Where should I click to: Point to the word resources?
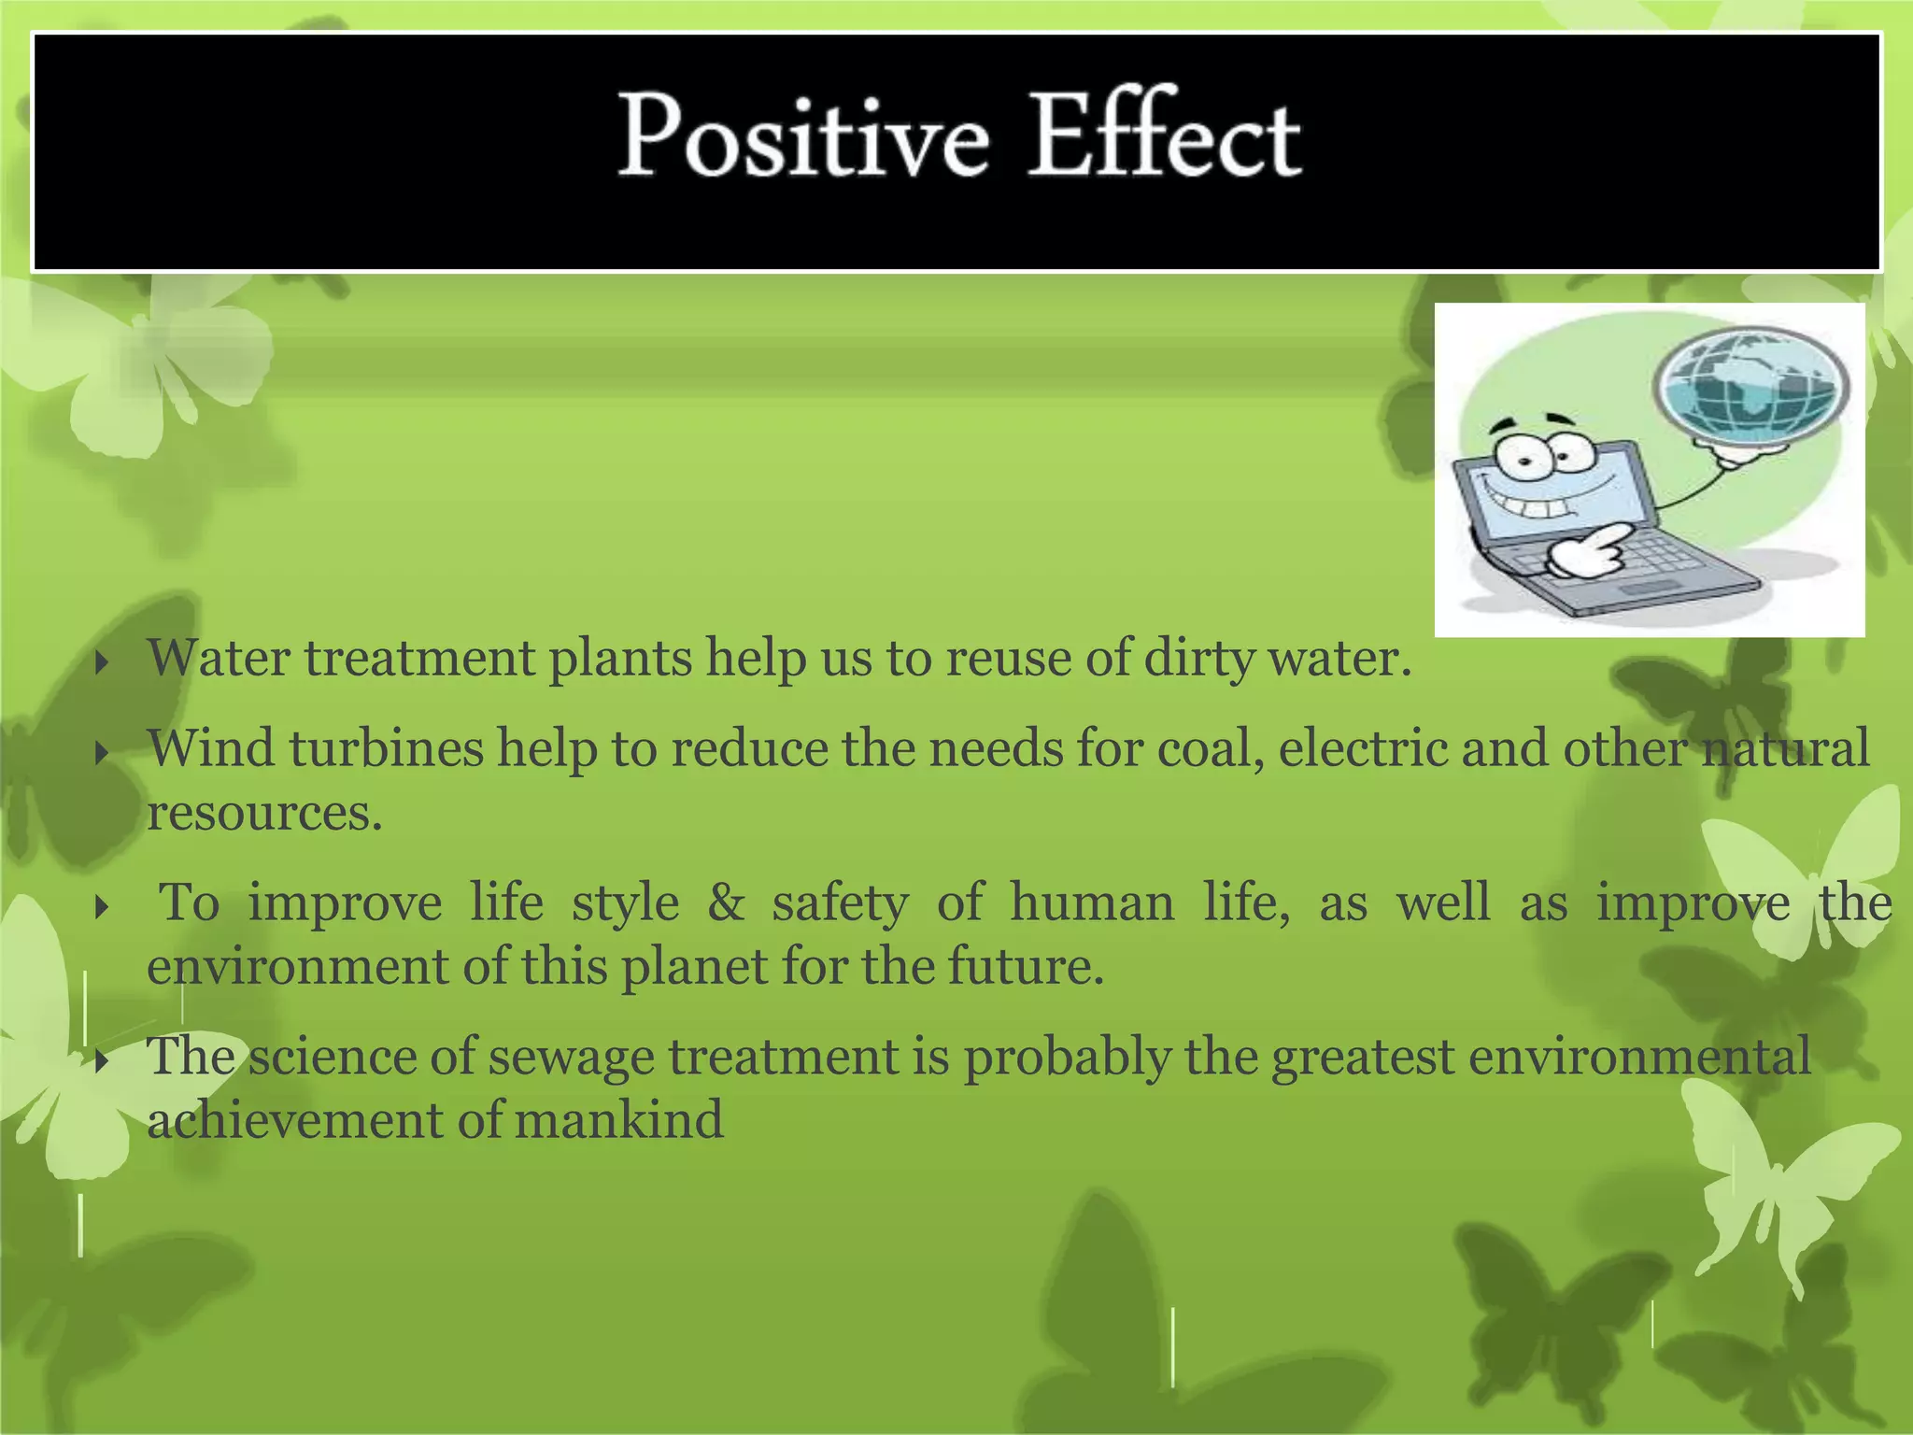click(x=264, y=813)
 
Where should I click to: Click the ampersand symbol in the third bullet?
click(x=726, y=903)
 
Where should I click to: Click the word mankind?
click(x=618, y=1120)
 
